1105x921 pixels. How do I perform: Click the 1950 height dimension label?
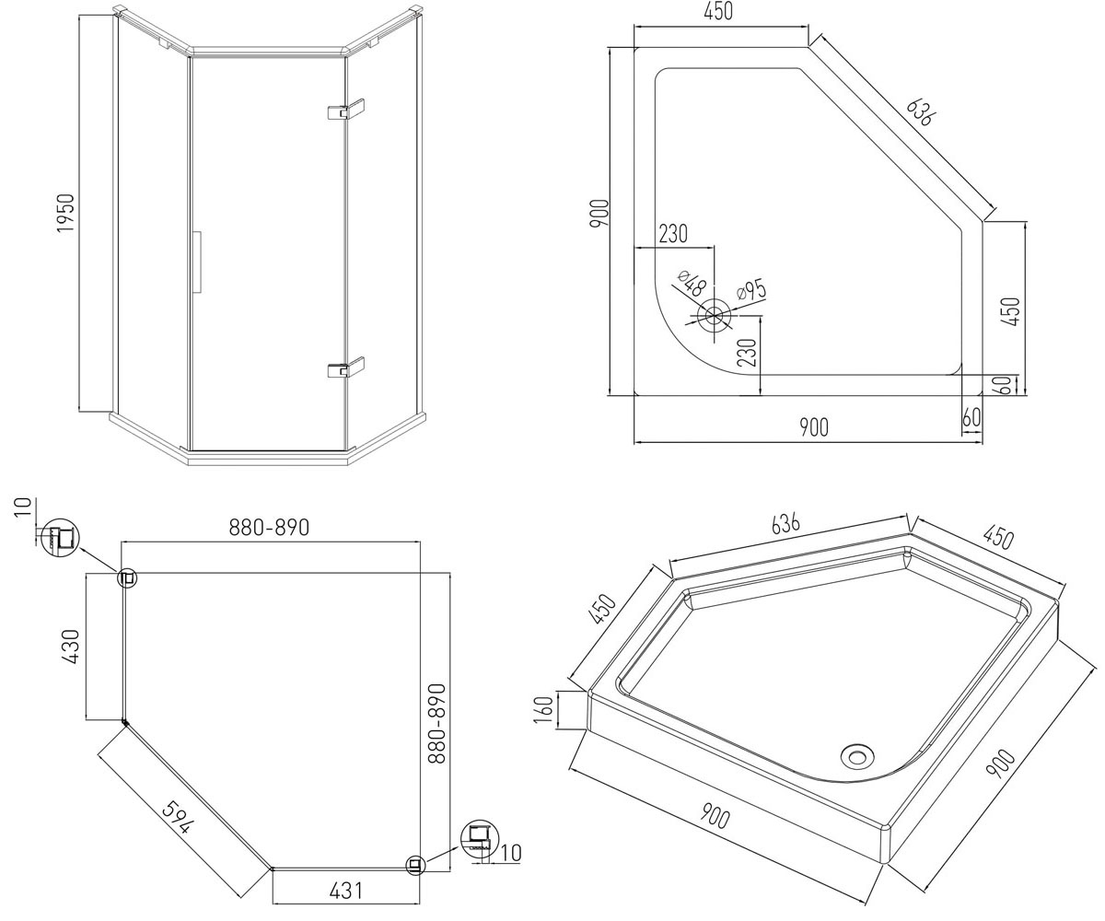(x=66, y=213)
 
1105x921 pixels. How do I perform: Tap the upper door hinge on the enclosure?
(x=346, y=109)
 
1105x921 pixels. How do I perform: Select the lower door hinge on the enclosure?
(x=346, y=367)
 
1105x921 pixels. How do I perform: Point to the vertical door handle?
(x=198, y=262)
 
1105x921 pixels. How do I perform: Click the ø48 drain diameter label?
(x=692, y=283)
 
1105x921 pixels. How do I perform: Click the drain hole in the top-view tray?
(x=714, y=316)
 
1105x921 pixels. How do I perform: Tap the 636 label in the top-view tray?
(x=919, y=112)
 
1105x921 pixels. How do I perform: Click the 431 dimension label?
(x=346, y=891)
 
